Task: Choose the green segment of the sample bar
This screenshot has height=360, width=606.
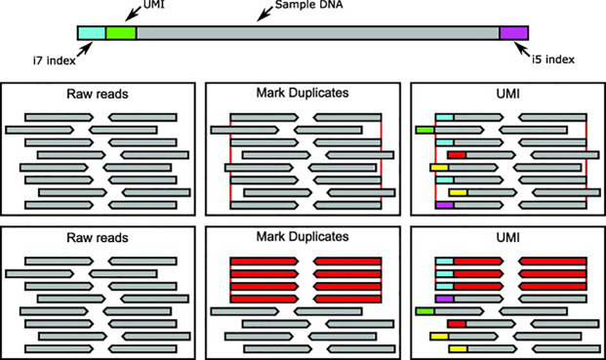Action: [x=120, y=34]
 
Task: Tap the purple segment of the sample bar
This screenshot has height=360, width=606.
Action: [x=513, y=34]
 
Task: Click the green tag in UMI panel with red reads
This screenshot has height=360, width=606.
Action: [x=424, y=310]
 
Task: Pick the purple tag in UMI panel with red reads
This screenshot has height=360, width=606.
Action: [x=445, y=298]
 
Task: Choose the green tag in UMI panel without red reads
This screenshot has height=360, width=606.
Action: [x=424, y=129]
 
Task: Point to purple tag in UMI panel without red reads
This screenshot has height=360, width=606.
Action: [x=445, y=206]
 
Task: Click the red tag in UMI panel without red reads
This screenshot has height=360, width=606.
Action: [x=457, y=154]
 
